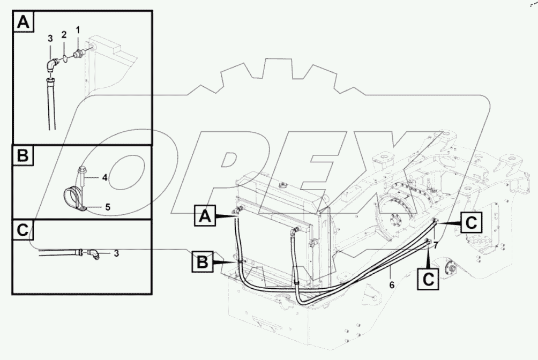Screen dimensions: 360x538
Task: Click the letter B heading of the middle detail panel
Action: [x=23, y=156]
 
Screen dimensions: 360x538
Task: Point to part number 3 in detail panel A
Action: [x=50, y=39]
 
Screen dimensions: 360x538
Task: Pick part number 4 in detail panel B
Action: [x=105, y=176]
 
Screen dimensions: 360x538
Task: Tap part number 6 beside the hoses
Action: [x=392, y=285]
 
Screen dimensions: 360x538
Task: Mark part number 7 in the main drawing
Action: [x=436, y=245]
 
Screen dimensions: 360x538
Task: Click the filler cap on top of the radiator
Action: [x=282, y=185]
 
